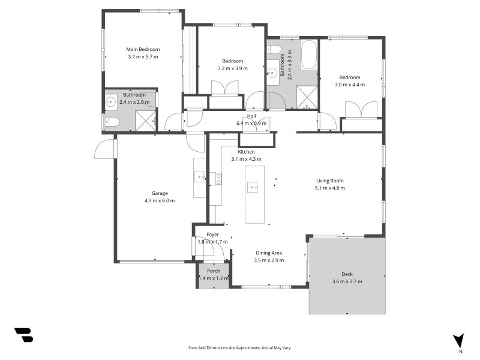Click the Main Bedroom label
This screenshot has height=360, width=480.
pos(143,49)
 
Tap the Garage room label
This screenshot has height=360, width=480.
pos(160,193)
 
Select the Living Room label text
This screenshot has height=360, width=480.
pos(329,181)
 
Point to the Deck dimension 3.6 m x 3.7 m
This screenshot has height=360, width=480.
pos(347,281)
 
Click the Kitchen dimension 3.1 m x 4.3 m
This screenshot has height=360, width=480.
pos(246,159)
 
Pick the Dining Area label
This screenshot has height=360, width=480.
pos(269,253)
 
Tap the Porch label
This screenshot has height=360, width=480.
pos(214,271)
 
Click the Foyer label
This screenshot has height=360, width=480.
pos(212,235)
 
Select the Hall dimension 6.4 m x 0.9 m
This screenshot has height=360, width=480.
pos(251,124)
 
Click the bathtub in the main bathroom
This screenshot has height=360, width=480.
pos(308,55)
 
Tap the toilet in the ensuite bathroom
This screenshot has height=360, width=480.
pos(112,122)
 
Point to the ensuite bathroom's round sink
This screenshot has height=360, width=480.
pos(110,101)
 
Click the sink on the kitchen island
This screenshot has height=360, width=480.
pos(253,187)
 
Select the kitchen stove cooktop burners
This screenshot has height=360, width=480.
pos(218,179)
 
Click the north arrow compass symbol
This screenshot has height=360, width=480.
pos(458,341)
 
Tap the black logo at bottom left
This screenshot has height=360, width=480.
pos(24,335)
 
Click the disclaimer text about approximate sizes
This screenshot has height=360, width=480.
pos(239,348)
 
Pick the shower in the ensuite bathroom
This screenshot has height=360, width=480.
pos(146,121)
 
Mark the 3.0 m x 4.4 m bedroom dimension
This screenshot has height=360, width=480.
pos(350,85)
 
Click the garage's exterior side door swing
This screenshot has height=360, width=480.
pos(104,149)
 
